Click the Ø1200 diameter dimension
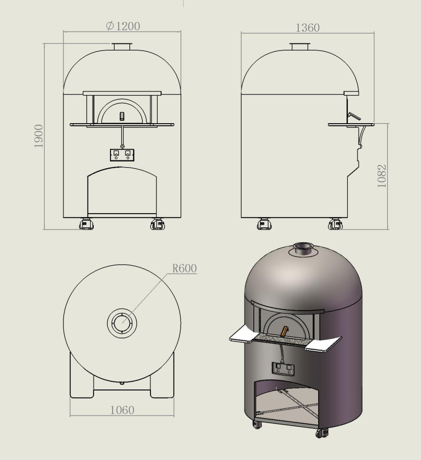(x=123, y=26)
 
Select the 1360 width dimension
(x=307, y=28)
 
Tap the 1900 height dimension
(x=38, y=136)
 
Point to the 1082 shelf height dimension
(x=382, y=176)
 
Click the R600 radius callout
(x=184, y=268)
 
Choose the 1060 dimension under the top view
(x=122, y=410)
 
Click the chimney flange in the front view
(x=122, y=47)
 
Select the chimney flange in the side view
(x=300, y=47)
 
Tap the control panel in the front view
(x=122, y=155)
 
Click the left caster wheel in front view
(x=86, y=224)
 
